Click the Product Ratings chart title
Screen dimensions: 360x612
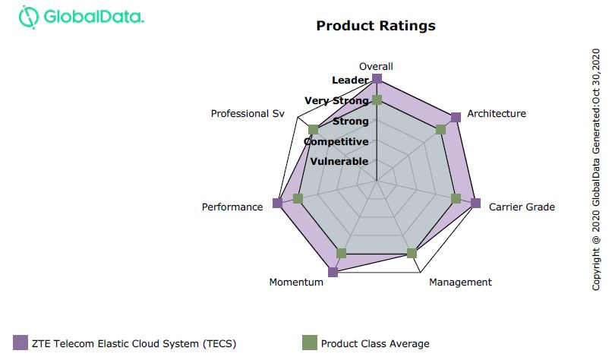click(376, 26)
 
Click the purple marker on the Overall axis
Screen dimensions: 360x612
click(377, 79)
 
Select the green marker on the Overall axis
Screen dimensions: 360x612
click(377, 100)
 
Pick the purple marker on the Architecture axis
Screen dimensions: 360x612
click(456, 117)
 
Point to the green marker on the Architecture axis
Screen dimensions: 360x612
click(441, 129)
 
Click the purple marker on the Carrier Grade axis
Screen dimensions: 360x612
click(475, 203)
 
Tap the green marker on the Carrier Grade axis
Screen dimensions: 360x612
click(456, 199)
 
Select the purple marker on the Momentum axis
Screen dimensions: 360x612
click(333, 272)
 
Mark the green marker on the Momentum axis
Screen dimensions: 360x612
click(341, 253)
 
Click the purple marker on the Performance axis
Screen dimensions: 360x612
click(277, 203)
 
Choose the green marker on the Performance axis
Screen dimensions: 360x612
click(298, 199)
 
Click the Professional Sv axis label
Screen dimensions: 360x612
click(248, 113)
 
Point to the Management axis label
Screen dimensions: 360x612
click(460, 282)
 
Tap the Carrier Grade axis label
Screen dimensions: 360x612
click(522, 207)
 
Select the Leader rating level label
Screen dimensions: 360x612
click(350, 80)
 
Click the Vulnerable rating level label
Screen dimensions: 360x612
click(339, 161)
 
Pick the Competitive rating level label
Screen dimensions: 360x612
click(336, 141)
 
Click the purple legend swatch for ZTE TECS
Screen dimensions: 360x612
click(21, 343)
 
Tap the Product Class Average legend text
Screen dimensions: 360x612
click(374, 343)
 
